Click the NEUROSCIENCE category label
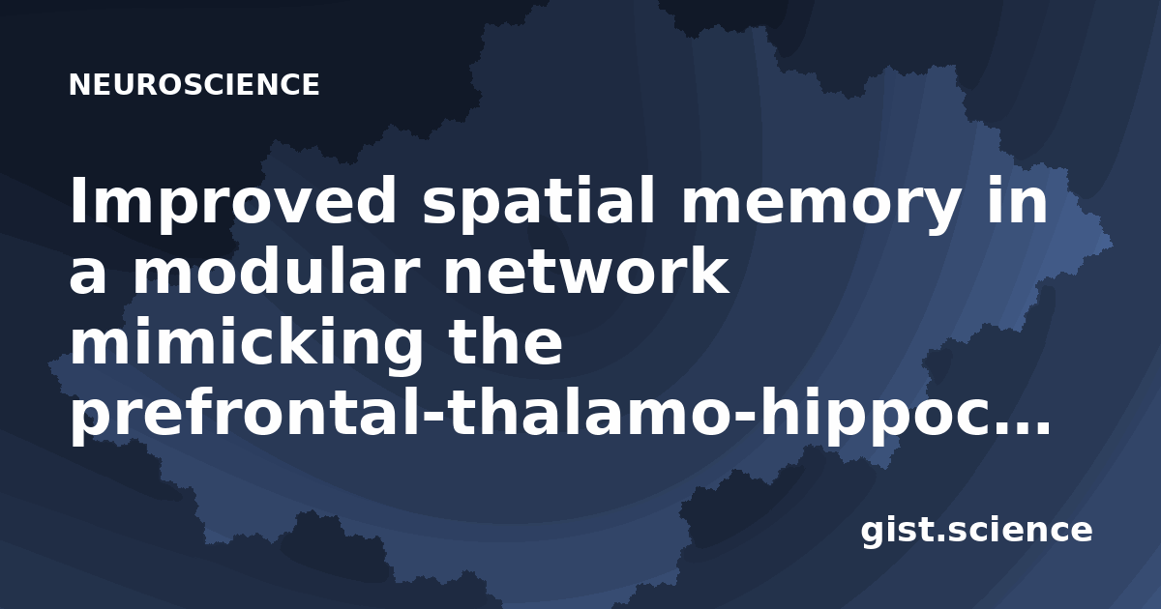193,84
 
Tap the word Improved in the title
233,204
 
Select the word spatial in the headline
539,204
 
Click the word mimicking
246,343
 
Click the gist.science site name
976,531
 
